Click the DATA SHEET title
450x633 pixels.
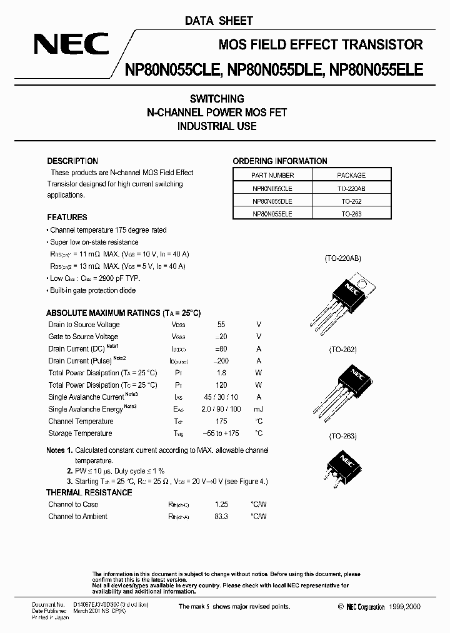(219, 21)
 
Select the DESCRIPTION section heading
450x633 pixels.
(72, 161)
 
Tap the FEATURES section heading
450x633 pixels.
(67, 217)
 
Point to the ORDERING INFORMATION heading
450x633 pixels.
(280, 161)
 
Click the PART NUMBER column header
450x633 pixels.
(272, 175)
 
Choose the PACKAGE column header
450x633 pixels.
(351, 175)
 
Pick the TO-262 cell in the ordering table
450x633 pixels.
(351, 201)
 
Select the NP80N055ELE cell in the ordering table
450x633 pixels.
(272, 213)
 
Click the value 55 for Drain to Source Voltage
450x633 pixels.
(221, 325)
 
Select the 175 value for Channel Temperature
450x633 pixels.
(221, 421)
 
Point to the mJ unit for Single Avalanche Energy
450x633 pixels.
(259, 409)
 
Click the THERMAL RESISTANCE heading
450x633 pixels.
(89, 492)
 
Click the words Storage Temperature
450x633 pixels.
(80, 433)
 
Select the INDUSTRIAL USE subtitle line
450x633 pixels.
(217, 126)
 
